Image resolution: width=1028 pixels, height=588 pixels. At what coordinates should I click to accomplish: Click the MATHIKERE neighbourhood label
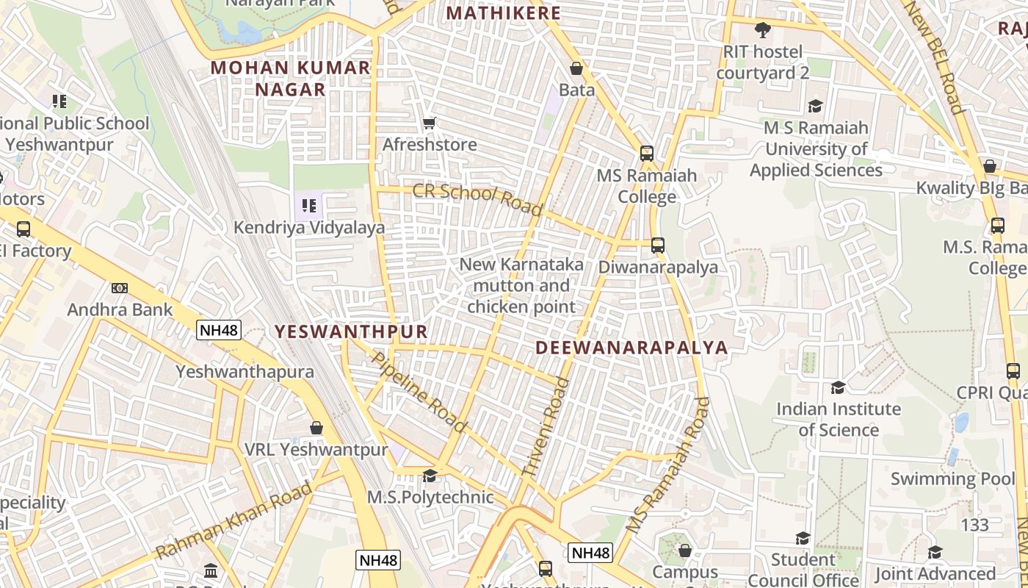(x=503, y=13)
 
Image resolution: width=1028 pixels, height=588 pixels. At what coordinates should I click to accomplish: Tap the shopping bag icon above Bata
(x=576, y=68)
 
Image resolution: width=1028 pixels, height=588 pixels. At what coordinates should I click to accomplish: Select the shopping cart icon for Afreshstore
(x=430, y=123)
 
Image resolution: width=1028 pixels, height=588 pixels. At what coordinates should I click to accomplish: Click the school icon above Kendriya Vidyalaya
(x=309, y=206)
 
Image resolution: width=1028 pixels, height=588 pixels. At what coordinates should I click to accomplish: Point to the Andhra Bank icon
(x=120, y=288)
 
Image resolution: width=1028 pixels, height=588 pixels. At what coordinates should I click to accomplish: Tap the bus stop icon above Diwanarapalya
(x=658, y=245)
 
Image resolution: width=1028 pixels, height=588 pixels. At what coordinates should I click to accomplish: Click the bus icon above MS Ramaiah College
(x=646, y=154)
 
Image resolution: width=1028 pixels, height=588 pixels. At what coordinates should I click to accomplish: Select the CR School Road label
(x=477, y=199)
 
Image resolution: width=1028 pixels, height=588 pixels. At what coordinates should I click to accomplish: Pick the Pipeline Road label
(x=419, y=392)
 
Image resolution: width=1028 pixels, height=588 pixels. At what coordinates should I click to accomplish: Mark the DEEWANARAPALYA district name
(x=631, y=348)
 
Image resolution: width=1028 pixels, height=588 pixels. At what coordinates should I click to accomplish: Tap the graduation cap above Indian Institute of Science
(x=838, y=387)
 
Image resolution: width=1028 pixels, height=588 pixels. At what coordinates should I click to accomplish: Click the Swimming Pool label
(x=953, y=479)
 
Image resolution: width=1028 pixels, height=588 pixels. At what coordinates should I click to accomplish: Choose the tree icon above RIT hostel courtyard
(x=763, y=30)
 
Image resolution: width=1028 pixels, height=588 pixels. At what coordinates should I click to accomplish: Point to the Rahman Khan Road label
(x=234, y=520)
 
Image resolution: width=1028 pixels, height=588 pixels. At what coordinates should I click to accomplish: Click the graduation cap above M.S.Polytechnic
(x=430, y=476)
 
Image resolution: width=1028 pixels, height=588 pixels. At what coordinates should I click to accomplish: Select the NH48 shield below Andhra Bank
(x=219, y=330)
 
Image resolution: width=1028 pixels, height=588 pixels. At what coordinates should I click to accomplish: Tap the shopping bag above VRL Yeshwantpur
(x=316, y=428)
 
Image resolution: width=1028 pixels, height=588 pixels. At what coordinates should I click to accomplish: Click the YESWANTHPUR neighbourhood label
(x=351, y=331)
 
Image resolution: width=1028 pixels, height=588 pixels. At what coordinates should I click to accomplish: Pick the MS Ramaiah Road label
(x=668, y=465)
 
